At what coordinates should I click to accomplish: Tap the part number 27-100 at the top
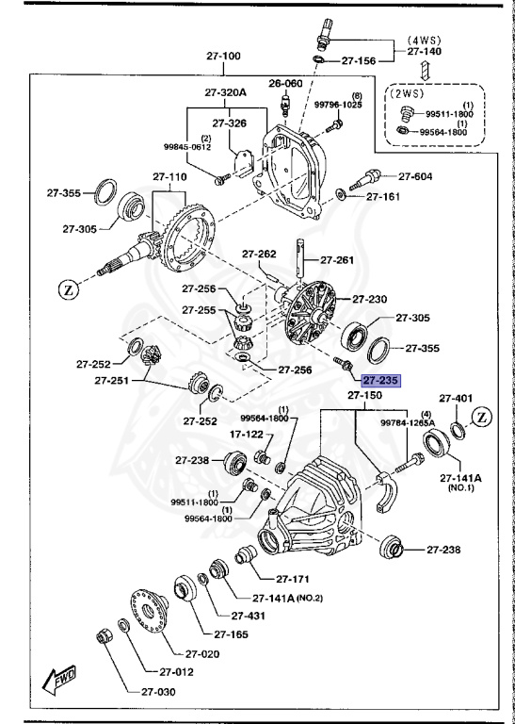click(223, 56)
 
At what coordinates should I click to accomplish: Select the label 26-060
click(286, 83)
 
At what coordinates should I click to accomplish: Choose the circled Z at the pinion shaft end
click(69, 290)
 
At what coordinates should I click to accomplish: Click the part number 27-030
click(159, 691)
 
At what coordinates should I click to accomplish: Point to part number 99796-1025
click(338, 105)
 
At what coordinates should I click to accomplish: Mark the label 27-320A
click(225, 92)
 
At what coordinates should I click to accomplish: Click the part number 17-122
click(222, 435)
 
